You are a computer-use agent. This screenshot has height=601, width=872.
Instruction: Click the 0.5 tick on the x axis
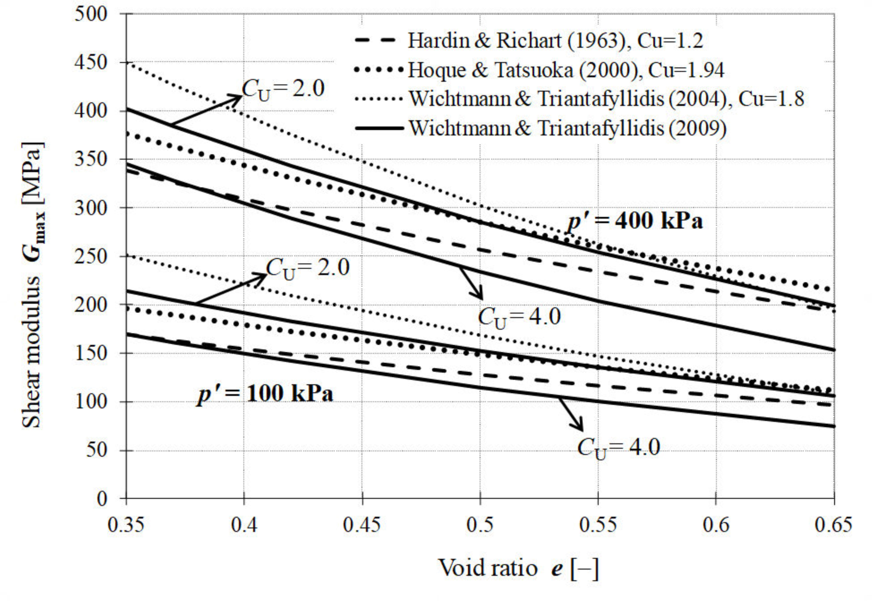click(x=480, y=525)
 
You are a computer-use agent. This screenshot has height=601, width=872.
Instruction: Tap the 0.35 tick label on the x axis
click(x=126, y=525)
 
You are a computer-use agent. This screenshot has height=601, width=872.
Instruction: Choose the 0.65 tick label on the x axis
click(x=833, y=525)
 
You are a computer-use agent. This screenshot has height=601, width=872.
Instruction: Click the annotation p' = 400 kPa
click(x=635, y=221)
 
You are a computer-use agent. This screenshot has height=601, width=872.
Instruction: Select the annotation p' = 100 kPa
click(x=265, y=394)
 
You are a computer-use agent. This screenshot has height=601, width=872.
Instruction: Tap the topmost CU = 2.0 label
click(x=283, y=89)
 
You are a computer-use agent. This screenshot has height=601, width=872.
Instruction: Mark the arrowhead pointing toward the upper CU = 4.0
click(x=480, y=297)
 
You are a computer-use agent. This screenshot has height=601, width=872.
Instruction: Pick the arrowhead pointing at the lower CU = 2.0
click(x=262, y=277)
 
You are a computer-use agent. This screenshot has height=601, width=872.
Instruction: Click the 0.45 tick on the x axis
click(x=362, y=525)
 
